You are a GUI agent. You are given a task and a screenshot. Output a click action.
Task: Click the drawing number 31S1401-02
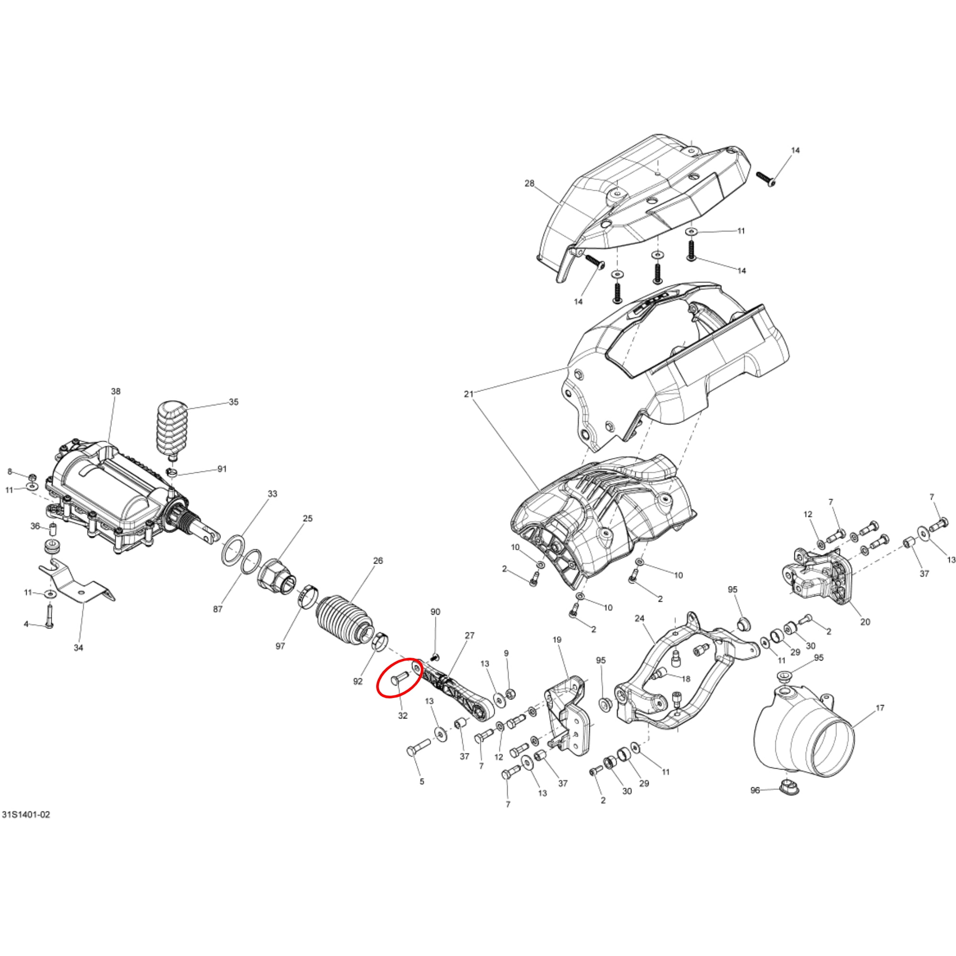tap(26, 815)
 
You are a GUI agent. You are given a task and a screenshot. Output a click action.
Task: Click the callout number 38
tap(115, 391)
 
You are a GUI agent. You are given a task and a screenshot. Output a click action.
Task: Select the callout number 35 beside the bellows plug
tap(234, 402)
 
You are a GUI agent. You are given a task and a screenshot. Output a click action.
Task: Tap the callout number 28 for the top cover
tap(530, 184)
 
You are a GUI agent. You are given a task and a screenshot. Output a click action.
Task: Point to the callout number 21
tap(469, 394)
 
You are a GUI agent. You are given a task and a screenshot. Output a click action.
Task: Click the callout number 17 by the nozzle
tap(880, 708)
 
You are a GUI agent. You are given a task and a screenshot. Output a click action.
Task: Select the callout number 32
tap(403, 716)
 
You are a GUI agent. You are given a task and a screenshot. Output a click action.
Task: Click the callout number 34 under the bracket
tap(79, 647)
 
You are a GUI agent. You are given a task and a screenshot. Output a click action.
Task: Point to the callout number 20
tap(865, 622)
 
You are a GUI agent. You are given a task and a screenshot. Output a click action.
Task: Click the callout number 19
tap(557, 640)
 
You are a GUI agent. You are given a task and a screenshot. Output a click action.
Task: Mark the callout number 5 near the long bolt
tap(422, 782)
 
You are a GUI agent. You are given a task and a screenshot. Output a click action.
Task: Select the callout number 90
tap(435, 612)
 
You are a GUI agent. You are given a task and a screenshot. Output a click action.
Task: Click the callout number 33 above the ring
tap(272, 494)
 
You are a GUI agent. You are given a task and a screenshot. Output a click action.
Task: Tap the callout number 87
tap(217, 609)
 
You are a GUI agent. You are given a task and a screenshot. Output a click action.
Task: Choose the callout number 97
tap(280, 646)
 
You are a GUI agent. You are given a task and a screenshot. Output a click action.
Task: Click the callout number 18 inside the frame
tap(685, 679)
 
